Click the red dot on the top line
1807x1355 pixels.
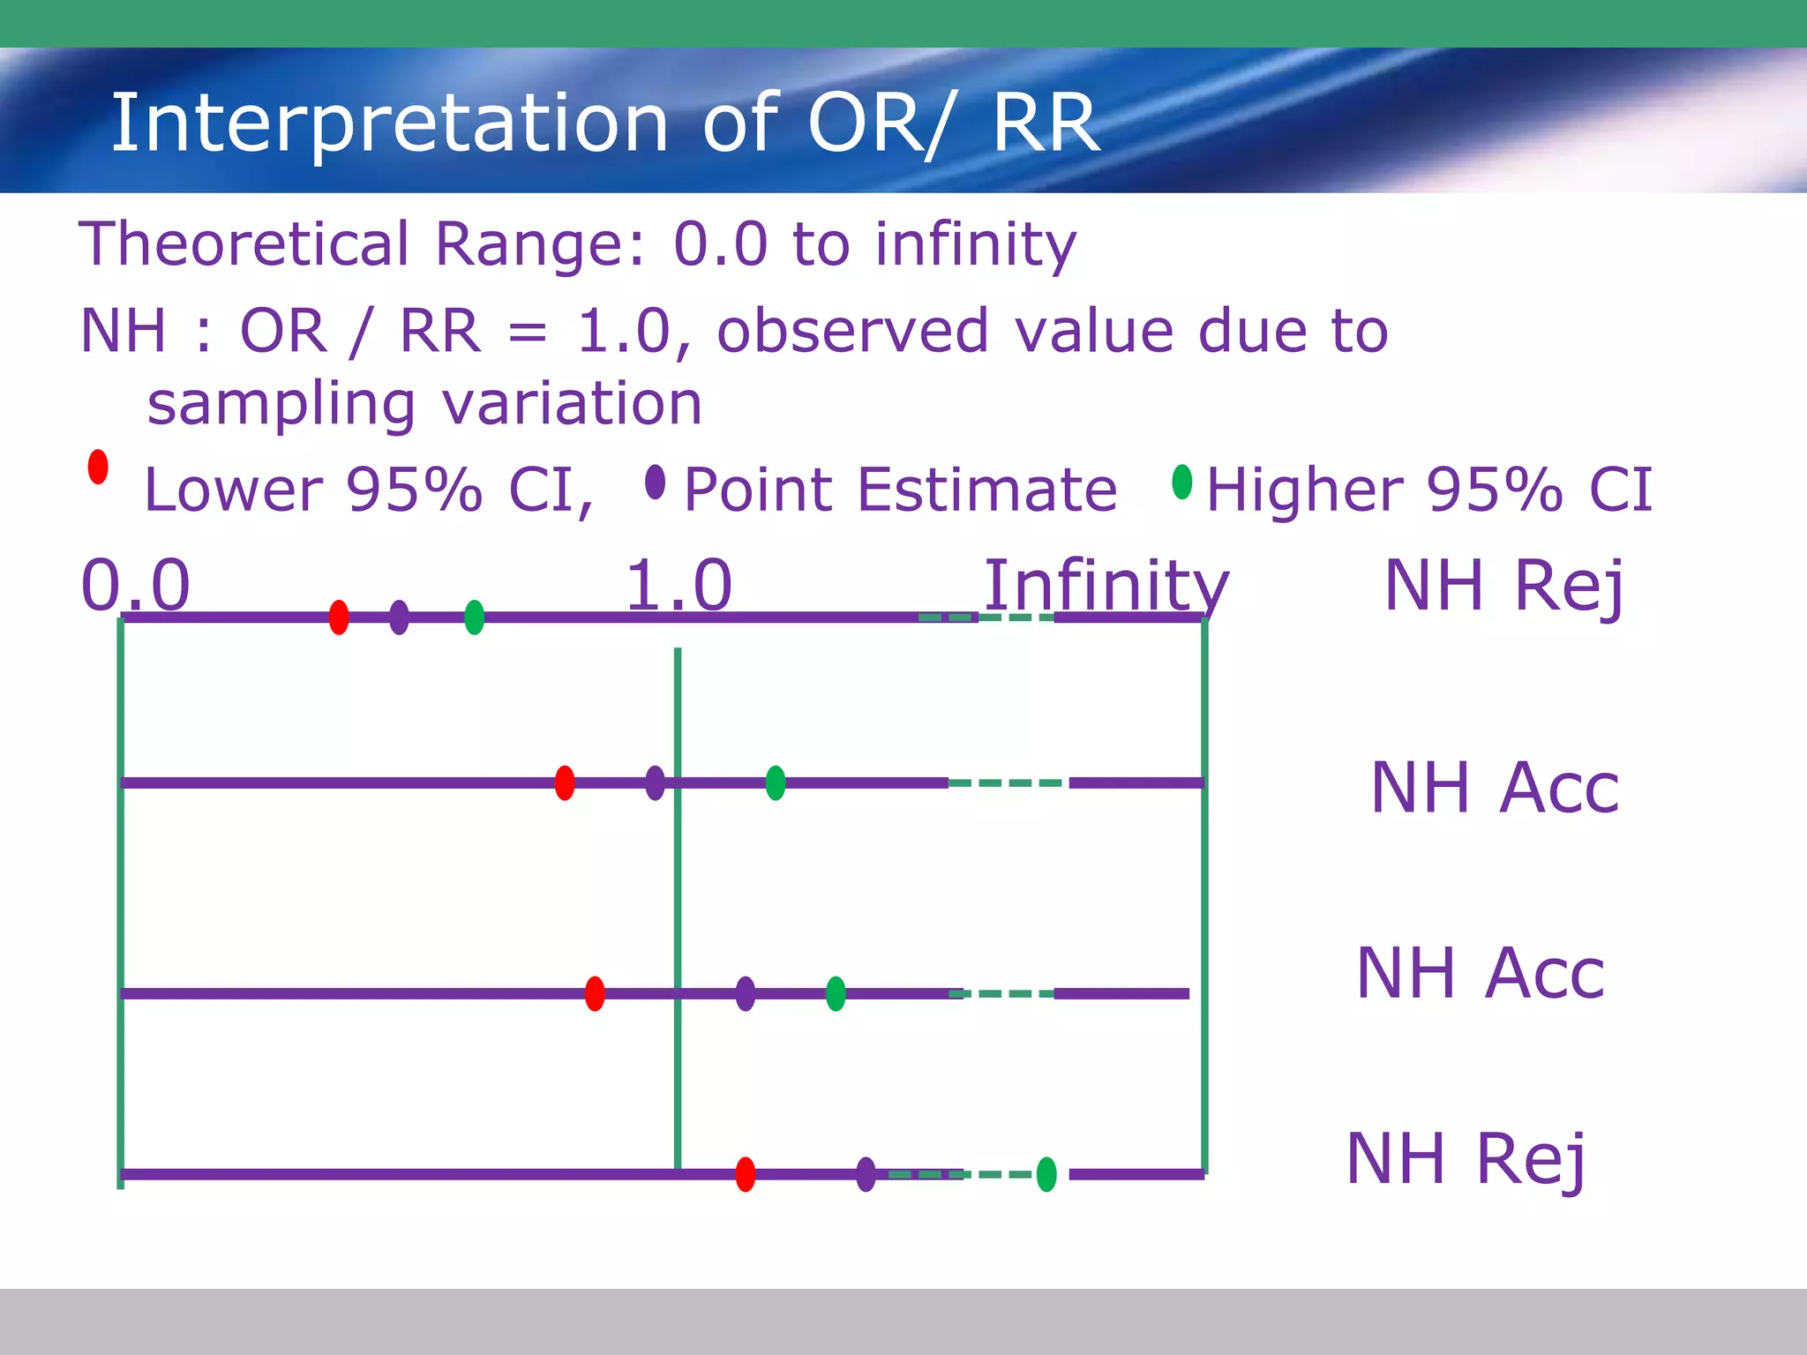(x=339, y=617)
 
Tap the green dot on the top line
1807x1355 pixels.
(x=474, y=617)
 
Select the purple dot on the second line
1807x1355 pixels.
(x=655, y=782)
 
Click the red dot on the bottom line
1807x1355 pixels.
(x=746, y=1174)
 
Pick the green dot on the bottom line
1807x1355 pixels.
(x=1046, y=1174)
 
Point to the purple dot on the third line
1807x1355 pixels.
(x=746, y=993)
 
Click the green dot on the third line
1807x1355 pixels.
(x=836, y=993)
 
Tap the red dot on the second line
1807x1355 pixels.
(x=565, y=782)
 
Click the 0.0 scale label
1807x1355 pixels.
(x=135, y=585)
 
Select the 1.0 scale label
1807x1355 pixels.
(x=679, y=585)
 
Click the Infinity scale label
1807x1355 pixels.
(x=1106, y=585)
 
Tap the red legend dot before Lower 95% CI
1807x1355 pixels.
(x=98, y=467)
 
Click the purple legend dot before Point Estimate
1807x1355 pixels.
(x=655, y=482)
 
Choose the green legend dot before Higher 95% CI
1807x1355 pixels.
(x=1182, y=482)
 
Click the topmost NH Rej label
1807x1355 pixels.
(x=1504, y=587)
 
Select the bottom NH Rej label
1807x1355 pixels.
(x=1466, y=1159)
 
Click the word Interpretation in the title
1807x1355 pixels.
(x=389, y=124)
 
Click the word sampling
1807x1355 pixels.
(x=281, y=405)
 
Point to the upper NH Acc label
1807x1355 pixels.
(x=1495, y=787)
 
